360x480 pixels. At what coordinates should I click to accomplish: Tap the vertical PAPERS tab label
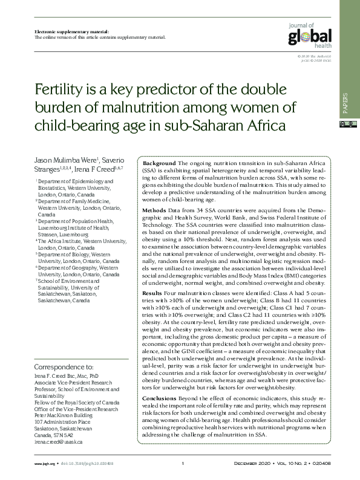coord(345,103)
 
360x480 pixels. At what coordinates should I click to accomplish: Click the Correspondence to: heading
coord(64,366)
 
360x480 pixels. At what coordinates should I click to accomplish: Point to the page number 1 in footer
coord(182,464)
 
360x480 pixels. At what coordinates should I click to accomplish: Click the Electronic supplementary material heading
coord(67,30)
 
